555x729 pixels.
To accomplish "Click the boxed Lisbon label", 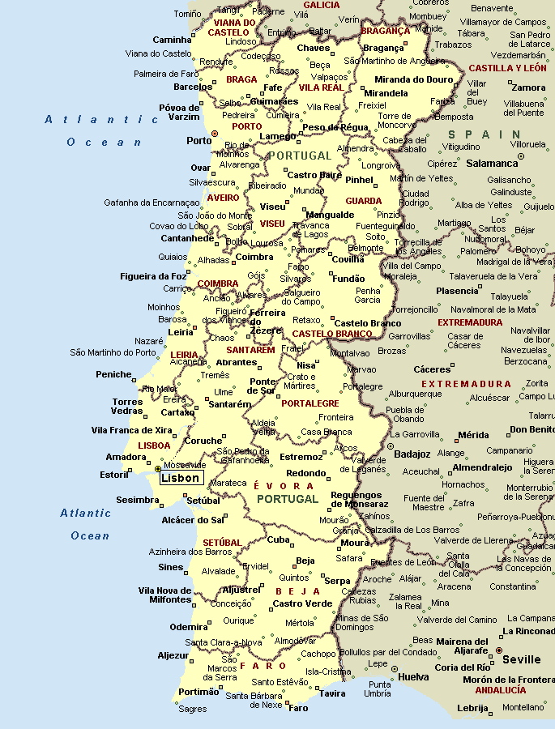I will click(180, 478).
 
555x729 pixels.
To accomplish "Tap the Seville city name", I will click(521, 659).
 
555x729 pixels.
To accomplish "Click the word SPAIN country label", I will click(485, 134).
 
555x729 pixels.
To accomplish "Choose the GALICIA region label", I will click(322, 5).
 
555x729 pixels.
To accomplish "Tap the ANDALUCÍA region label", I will click(500, 690).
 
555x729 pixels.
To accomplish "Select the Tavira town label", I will click(331, 693).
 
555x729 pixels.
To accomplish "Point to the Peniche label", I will click(113, 374).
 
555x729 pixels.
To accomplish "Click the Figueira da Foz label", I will click(152, 276).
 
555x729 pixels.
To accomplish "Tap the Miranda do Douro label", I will click(412, 79).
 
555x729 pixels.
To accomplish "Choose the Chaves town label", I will click(314, 49).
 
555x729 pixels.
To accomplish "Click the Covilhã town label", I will click(348, 259).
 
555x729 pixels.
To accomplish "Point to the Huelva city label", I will click(414, 676).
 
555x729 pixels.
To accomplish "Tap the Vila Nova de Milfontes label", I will click(164, 595).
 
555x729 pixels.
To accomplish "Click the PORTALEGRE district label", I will click(310, 403).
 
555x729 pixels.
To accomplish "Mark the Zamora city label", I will click(529, 87).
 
